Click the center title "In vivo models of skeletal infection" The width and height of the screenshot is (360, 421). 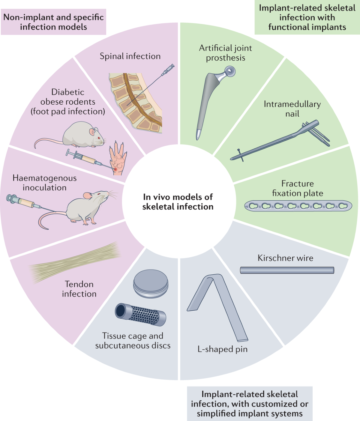[178, 202]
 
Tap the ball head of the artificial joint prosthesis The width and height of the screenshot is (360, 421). [229, 71]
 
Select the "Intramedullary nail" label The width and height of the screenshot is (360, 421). [292, 109]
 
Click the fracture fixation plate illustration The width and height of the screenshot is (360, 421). [298, 206]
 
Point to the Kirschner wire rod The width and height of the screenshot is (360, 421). [287, 270]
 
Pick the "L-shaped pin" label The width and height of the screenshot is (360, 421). [222, 349]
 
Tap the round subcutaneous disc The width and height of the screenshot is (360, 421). [151, 283]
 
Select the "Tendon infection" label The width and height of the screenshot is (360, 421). [79, 289]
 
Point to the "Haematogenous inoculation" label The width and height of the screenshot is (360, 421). [44, 183]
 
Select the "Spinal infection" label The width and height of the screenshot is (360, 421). [130, 56]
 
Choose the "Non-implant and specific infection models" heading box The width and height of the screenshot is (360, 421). [53, 22]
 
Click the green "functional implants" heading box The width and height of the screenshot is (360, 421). [307, 17]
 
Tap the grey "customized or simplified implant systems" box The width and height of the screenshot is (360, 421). [250, 404]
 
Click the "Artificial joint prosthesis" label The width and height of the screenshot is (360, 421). [226, 53]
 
